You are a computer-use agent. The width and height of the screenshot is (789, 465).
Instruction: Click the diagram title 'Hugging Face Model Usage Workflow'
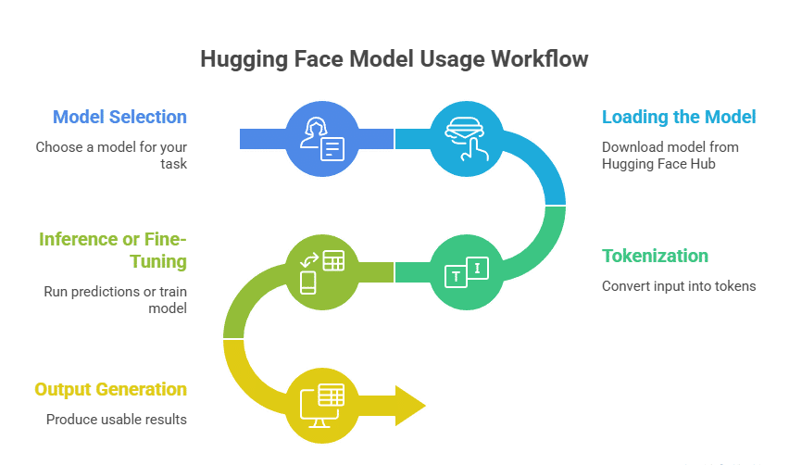pyautogui.click(x=394, y=59)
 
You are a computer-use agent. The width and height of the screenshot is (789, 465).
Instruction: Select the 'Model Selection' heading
pyautogui.click(x=119, y=118)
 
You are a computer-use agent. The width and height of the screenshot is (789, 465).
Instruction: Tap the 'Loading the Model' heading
pyautogui.click(x=679, y=118)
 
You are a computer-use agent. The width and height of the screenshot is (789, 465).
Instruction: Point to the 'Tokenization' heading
pyautogui.click(x=655, y=257)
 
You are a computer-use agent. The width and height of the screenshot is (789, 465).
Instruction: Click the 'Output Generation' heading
pyautogui.click(x=110, y=390)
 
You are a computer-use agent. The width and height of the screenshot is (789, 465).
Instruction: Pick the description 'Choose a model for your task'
pyautogui.click(x=111, y=155)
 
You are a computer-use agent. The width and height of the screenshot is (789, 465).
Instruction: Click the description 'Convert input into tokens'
pyautogui.click(x=679, y=286)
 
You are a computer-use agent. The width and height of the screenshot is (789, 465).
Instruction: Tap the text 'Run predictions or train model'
pyautogui.click(x=115, y=299)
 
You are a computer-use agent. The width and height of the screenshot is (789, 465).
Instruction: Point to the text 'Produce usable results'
pyautogui.click(x=117, y=420)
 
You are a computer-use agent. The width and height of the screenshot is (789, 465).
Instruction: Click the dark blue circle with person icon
pyautogui.click(x=320, y=139)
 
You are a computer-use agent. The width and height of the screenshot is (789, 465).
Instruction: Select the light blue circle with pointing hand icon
pyautogui.click(x=466, y=139)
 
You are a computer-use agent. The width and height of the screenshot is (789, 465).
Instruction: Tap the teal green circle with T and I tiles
pyautogui.click(x=466, y=270)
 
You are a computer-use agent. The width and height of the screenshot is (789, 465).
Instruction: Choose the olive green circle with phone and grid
pyautogui.click(x=320, y=270)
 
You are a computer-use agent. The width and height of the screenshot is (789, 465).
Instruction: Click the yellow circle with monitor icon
pyautogui.click(x=320, y=404)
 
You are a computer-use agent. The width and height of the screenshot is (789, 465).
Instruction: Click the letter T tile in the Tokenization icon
pyautogui.click(x=456, y=277)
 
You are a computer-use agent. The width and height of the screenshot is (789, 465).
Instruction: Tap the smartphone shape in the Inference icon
pyautogui.click(x=308, y=283)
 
